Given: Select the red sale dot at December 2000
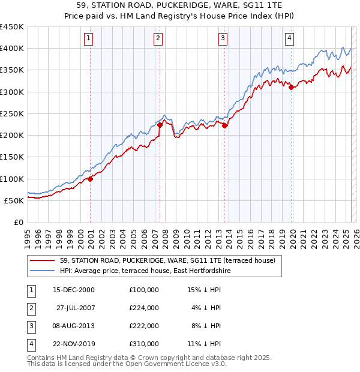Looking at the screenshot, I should pos(91,178).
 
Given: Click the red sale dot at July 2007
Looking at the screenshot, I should pos(160,125).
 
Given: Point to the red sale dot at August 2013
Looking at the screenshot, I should pos(224,125).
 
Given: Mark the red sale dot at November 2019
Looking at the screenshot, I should pos(291,88).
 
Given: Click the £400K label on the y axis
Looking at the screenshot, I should pos(12,49).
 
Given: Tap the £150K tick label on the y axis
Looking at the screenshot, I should pos(12,157).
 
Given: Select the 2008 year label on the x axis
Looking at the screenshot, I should pos(164,235).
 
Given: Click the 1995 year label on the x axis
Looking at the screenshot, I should pos(28,235).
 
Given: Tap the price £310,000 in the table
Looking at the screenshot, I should pos(144,344).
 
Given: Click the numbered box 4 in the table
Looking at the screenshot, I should pos(29,344).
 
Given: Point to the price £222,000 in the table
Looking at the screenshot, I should pos(144,326).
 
